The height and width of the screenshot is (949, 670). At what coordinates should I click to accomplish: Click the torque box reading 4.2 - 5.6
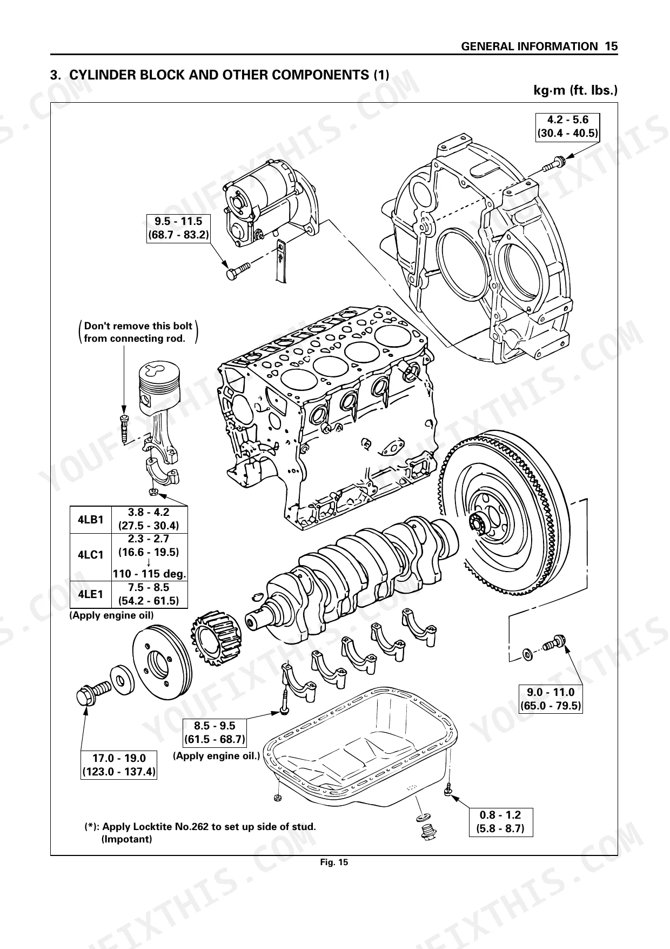coord(567,127)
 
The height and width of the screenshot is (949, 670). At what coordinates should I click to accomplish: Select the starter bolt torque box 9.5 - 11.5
coord(178,228)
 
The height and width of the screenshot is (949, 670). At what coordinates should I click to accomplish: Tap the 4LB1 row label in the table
coord(90,520)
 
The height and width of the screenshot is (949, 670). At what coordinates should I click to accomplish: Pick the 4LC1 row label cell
coord(90,555)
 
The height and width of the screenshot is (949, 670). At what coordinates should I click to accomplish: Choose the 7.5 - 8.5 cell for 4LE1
coord(149,594)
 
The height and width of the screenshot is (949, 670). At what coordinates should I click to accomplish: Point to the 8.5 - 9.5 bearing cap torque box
coord(215,732)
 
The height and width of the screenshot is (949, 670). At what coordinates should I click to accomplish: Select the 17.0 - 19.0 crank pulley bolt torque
coord(119,765)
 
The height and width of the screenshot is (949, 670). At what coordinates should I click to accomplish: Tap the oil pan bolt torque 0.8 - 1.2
coord(500,821)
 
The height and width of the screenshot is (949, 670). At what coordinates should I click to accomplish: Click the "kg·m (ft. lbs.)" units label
coord(575,90)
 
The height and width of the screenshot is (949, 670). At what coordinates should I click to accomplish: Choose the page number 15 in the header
coord(611,47)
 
